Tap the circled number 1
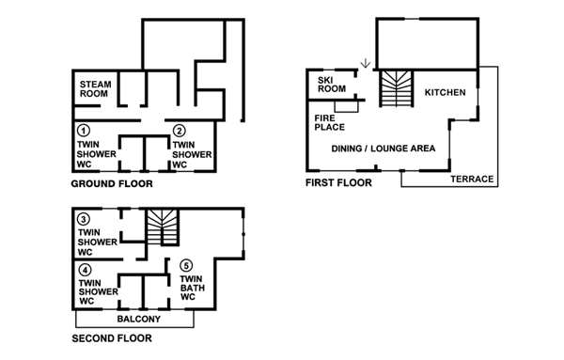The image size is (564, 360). point(84,130)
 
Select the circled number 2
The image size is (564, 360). point(180,130)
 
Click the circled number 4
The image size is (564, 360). point(84,270)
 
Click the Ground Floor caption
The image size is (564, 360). point(113,182)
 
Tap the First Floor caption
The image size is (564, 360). point(337,182)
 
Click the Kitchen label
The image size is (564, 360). point(446,92)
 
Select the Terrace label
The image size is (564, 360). point(471,179)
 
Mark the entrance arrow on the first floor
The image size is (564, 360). point(365,64)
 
